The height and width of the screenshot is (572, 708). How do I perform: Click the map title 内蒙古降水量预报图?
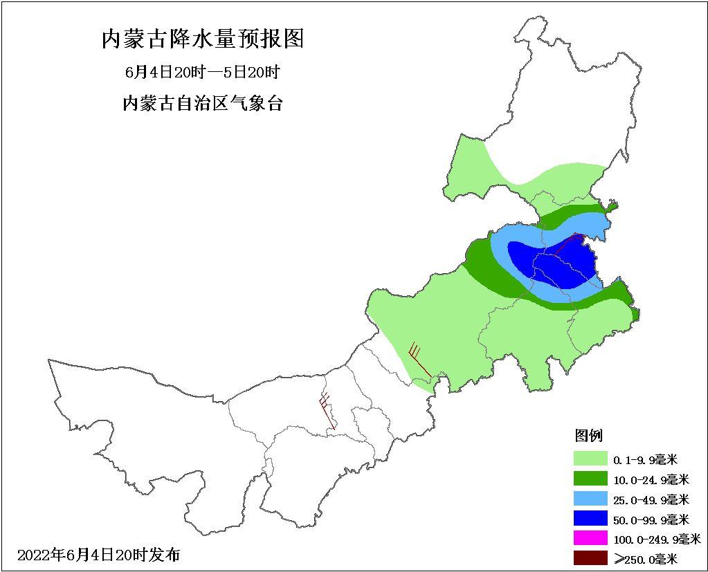pos(203,39)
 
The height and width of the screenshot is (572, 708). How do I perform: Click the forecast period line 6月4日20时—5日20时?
pos(202,72)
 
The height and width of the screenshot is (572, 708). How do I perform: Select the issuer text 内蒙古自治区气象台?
pos(202,104)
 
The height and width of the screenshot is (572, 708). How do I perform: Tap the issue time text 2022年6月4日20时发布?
pos(98,555)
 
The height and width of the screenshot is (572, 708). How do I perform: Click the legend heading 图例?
pos(589,436)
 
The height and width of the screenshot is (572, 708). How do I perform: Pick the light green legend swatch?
pos(590,459)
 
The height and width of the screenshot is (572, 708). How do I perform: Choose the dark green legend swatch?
pos(590,479)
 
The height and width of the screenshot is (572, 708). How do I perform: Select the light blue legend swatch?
pos(590,499)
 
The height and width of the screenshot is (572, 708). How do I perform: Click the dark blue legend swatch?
pos(590,519)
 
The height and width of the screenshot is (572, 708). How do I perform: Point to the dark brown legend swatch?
pos(590,558)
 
